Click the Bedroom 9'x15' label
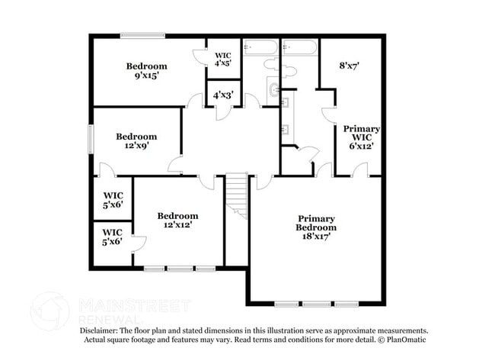[x=146, y=71]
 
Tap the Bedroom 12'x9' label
[x=136, y=141]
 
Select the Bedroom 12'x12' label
[x=177, y=220]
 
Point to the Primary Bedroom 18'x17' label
[x=316, y=227]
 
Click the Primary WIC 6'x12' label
[x=361, y=137]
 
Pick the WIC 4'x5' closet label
[x=223, y=60]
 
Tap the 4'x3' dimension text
[x=223, y=95]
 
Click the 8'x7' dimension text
[x=349, y=66]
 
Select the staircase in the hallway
[x=238, y=195]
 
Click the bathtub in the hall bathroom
[x=260, y=47]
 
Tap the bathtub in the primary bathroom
[x=299, y=47]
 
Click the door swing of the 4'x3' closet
[x=222, y=111]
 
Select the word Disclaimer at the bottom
[x=104, y=330]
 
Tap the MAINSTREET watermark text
[x=133, y=306]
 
